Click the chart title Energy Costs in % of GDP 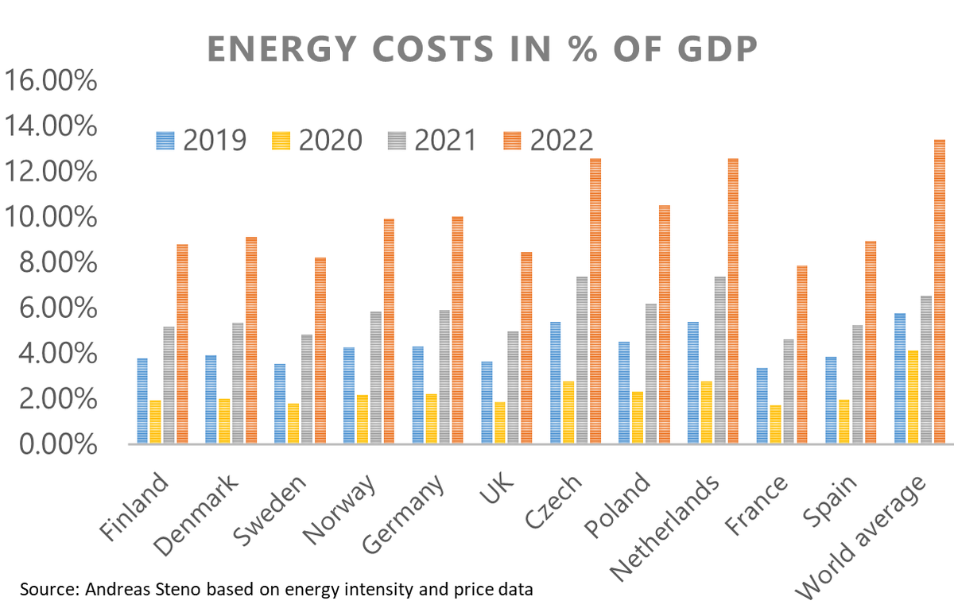pyautogui.click(x=483, y=48)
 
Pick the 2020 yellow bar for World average pyautogui.click(x=913, y=397)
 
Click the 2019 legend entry pyautogui.click(x=200, y=141)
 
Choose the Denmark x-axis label pyautogui.click(x=196, y=515)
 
